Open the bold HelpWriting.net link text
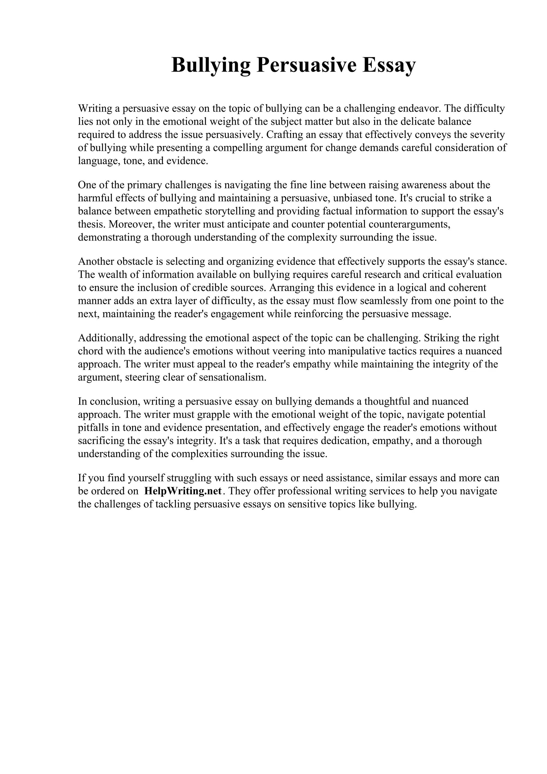(183, 491)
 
